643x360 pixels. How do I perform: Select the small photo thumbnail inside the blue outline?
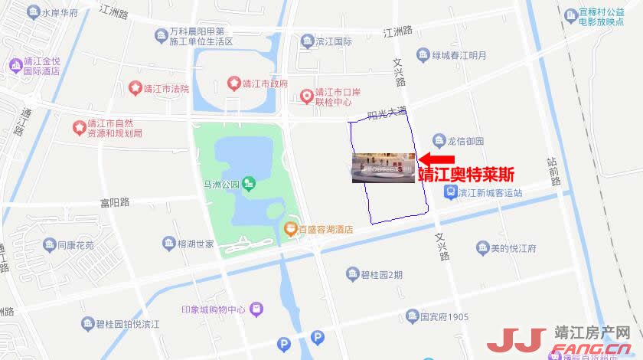(383, 168)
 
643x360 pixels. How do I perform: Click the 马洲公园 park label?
(222, 184)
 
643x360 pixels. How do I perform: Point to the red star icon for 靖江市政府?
(234, 83)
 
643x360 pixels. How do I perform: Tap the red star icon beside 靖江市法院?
(135, 88)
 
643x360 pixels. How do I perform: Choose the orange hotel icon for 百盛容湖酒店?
(290, 228)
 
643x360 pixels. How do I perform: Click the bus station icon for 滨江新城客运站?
(451, 191)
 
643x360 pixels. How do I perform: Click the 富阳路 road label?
(115, 202)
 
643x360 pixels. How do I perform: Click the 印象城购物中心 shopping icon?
(257, 309)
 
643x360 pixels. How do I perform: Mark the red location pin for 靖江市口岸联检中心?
(307, 96)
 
